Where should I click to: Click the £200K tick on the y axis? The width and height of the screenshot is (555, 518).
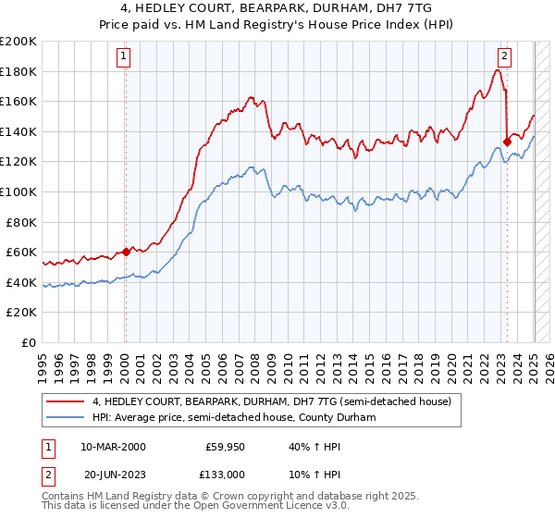18,42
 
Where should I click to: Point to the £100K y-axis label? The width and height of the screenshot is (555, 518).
18,191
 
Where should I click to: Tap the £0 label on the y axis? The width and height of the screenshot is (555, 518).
29,342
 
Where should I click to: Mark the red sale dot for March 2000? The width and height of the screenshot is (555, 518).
126,252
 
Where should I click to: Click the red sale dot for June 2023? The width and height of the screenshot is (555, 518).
507,142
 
